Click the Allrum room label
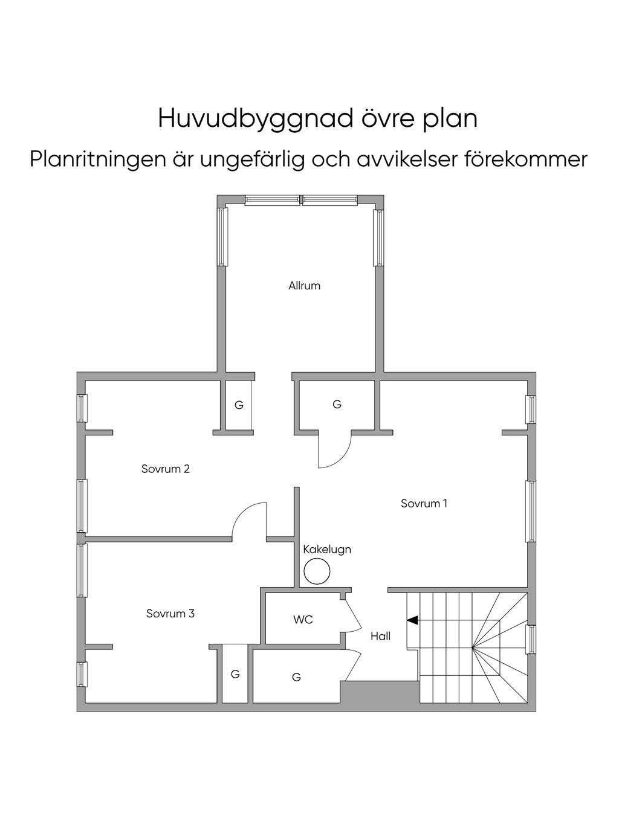304,286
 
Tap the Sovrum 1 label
424,503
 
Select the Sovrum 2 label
166,469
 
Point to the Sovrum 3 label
170,614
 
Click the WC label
303,619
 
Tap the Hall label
380,636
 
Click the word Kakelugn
327,550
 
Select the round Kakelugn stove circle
317,571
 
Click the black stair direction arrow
412,620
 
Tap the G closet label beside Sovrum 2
239,405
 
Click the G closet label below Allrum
337,404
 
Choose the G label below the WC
296,677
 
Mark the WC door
353,612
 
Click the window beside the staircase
531,640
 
